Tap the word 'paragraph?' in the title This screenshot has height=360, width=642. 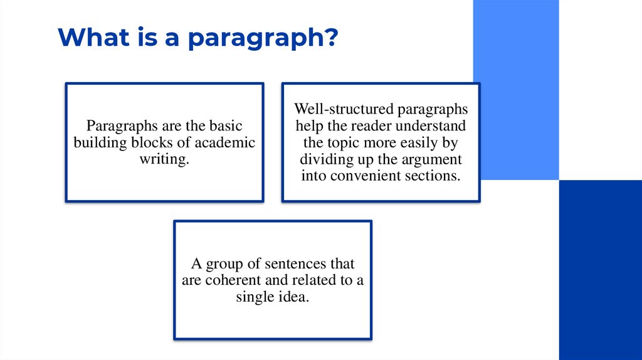tap(263, 39)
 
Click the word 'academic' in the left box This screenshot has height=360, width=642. tap(228, 142)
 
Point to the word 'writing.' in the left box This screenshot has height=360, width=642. tap(164, 159)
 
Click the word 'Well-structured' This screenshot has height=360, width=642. tap(337, 110)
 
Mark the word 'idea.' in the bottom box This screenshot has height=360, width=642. tap(294, 296)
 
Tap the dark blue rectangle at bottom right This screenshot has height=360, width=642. tap(600, 270)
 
